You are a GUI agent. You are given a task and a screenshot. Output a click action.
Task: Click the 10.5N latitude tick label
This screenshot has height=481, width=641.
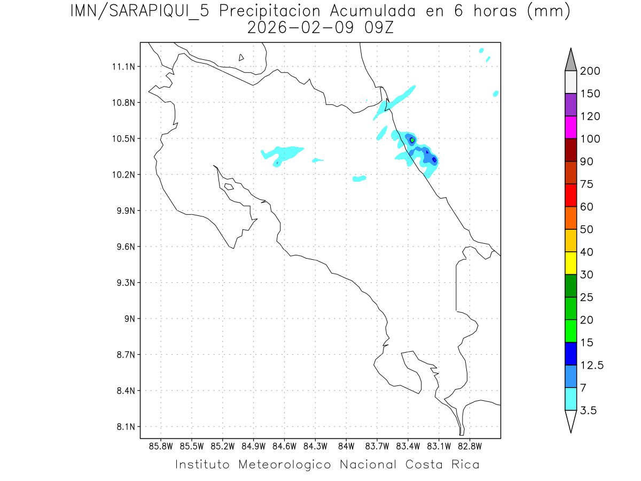click(123, 139)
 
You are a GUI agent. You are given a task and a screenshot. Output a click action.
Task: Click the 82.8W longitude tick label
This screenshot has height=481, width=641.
click(470, 446)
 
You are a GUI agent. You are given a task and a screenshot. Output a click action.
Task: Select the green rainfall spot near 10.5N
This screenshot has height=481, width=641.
click(412, 140)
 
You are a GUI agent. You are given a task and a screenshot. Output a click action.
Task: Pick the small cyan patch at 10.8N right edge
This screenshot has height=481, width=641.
click(496, 94)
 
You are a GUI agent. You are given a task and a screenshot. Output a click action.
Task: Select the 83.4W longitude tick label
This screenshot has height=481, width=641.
click(408, 446)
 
